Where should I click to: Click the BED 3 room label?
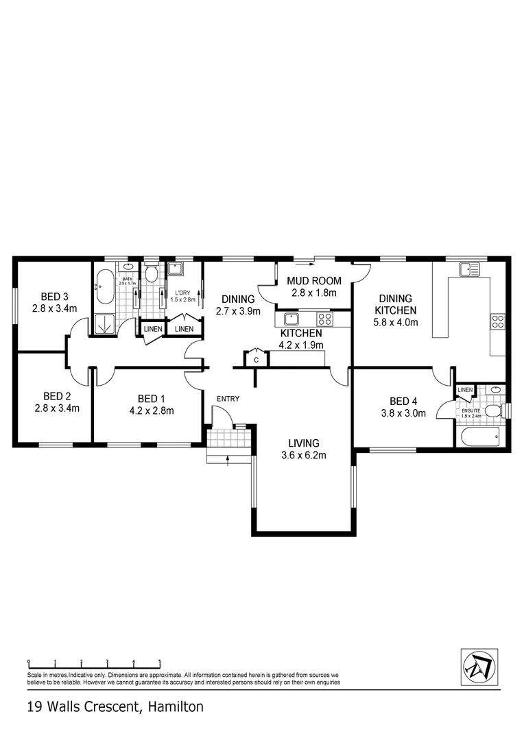(x=54, y=297)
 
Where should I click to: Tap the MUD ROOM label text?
(x=313, y=281)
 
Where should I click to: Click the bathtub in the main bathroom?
(x=105, y=287)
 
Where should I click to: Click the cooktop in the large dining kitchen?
(x=498, y=321)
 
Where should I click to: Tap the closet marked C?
(x=256, y=359)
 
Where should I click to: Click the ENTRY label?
(x=228, y=399)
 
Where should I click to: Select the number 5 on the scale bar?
(x=160, y=662)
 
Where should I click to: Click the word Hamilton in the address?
(x=173, y=706)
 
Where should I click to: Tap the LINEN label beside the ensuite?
(x=465, y=390)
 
